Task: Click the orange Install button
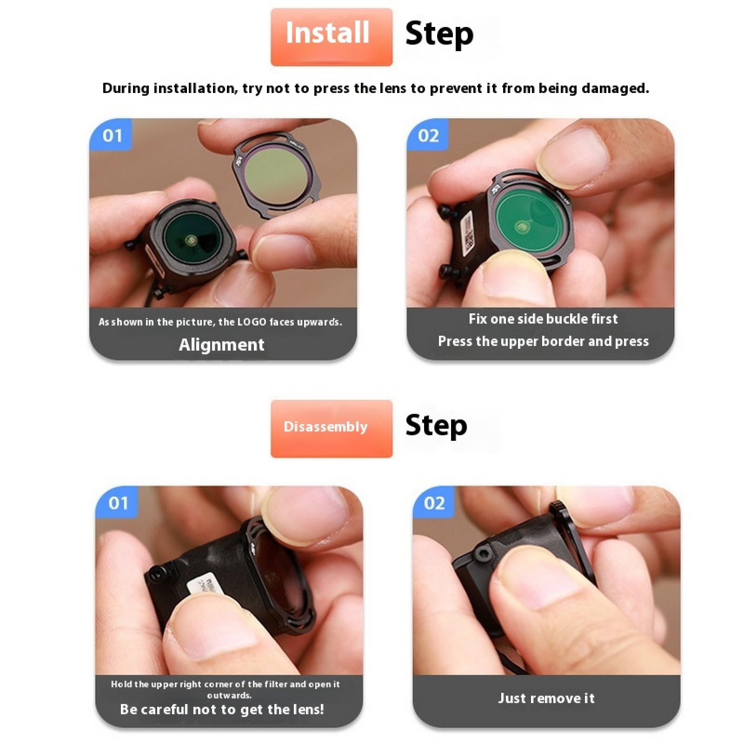[x=331, y=37]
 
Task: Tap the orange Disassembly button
[x=331, y=428]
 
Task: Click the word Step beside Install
[x=439, y=34]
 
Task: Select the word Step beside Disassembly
[x=436, y=425]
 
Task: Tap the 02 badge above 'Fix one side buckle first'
[x=428, y=135]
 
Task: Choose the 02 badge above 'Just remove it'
[x=434, y=503]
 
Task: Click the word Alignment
[x=221, y=345]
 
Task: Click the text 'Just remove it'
[x=546, y=698]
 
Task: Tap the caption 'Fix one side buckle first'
[x=543, y=319]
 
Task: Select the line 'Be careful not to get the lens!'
[x=222, y=709]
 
